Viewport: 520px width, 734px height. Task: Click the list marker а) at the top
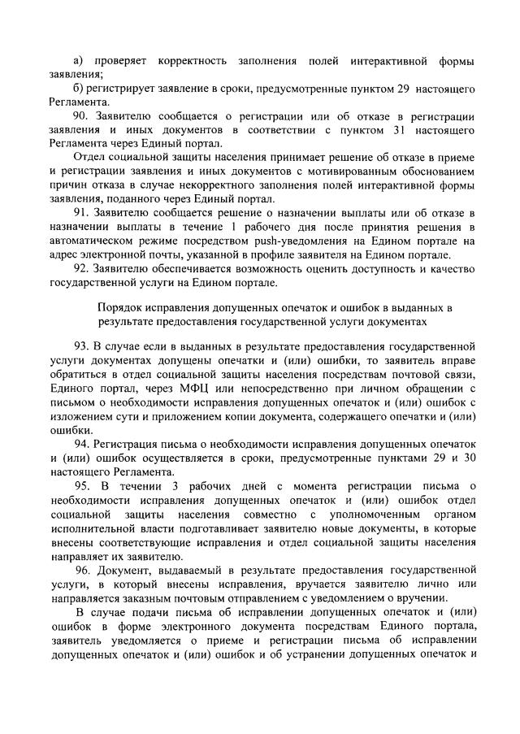click(x=78, y=62)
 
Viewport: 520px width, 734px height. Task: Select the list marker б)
click(x=78, y=88)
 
